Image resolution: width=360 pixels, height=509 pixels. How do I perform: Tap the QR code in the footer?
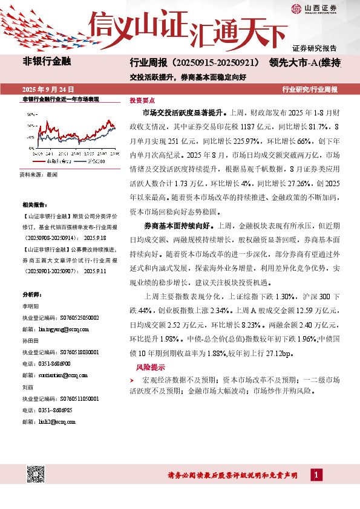click(34, 475)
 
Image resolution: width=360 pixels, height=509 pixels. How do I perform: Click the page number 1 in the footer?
click(316, 475)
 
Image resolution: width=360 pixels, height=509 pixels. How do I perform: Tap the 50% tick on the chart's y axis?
click(31, 113)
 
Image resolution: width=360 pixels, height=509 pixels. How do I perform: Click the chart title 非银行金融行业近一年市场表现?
click(60, 98)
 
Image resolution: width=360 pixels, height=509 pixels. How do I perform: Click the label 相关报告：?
click(34, 205)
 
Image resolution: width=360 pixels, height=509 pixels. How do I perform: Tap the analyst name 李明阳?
click(30, 308)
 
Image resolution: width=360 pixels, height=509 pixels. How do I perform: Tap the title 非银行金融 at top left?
click(47, 62)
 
